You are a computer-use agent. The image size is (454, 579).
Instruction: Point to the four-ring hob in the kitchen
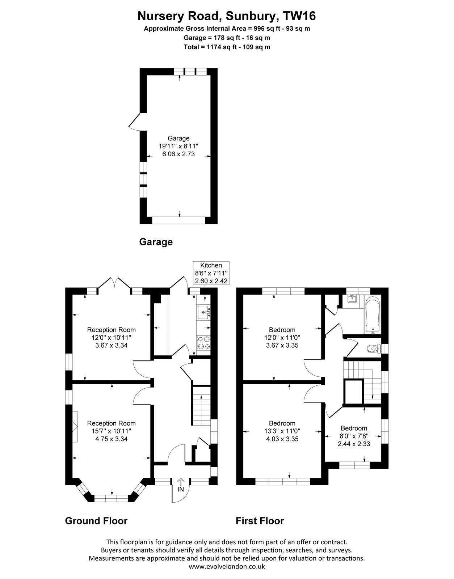[204, 343]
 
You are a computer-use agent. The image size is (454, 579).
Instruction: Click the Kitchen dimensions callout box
[211, 273]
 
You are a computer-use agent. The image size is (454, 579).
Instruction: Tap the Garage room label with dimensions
[178, 146]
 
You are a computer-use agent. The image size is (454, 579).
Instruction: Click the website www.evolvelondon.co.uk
[227, 566]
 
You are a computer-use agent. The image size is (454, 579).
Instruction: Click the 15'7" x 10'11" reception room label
[112, 431]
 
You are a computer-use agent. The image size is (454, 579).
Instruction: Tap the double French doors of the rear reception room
[115, 282]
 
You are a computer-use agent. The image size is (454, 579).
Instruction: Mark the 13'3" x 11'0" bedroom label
[282, 431]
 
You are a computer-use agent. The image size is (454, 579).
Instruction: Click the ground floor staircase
[201, 410]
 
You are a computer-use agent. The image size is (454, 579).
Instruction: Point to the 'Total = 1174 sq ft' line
[227, 47]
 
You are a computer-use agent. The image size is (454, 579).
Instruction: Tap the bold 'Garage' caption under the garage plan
[156, 242]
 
